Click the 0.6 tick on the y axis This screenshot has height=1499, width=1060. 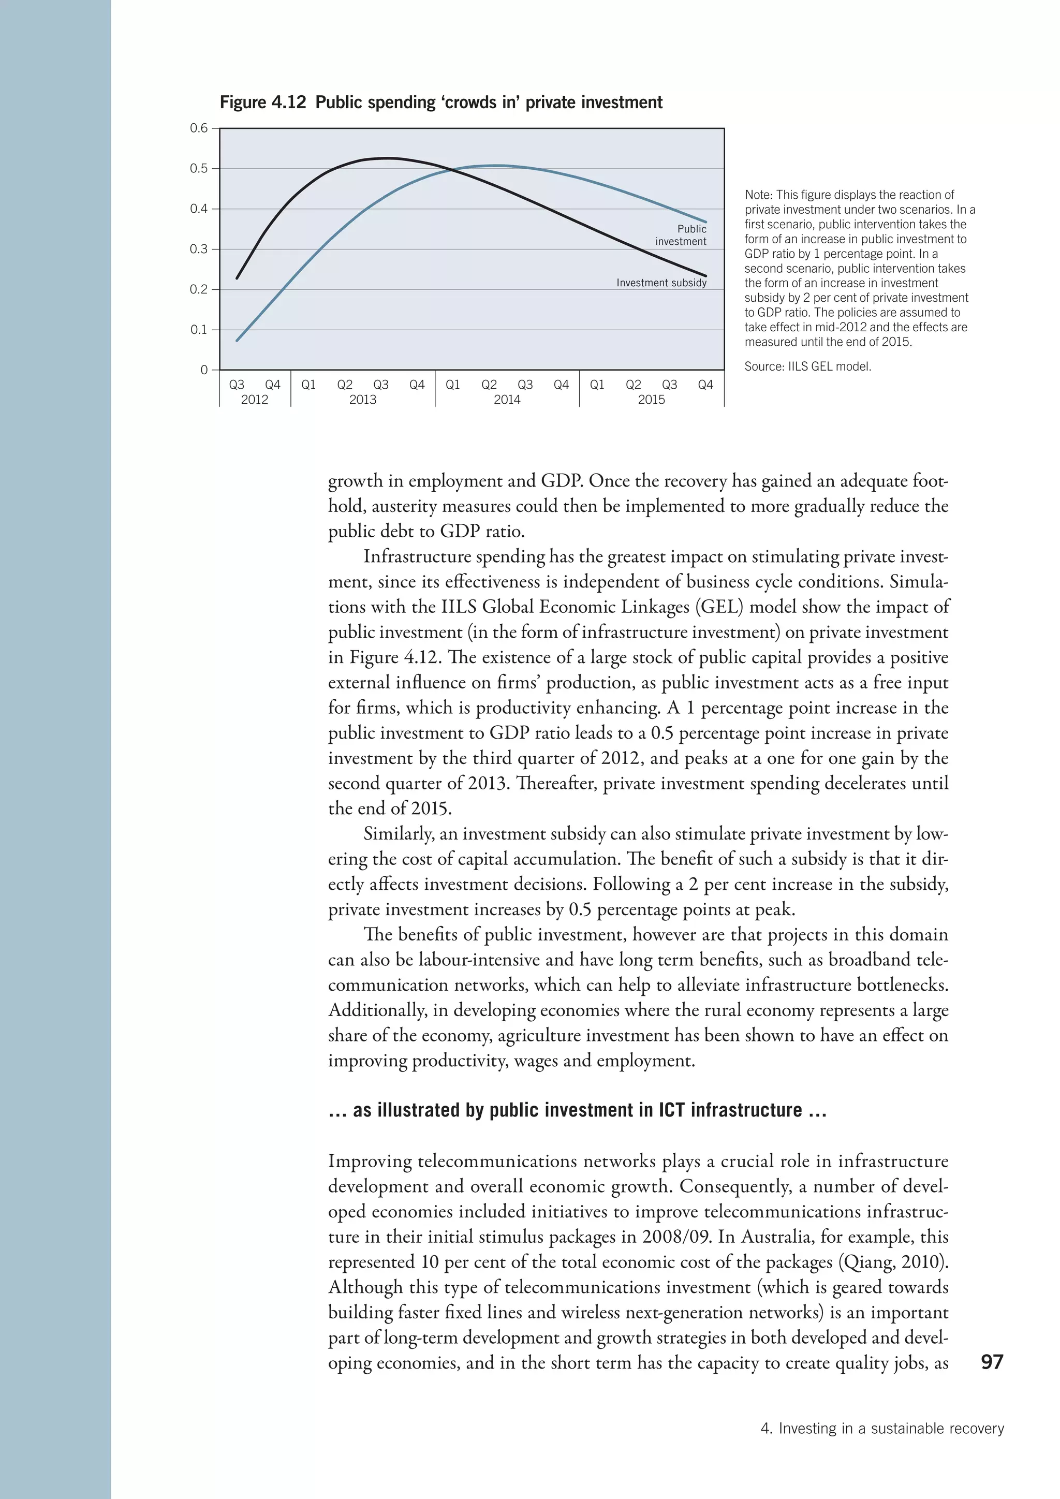pyautogui.click(x=199, y=128)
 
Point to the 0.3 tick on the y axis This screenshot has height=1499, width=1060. pyautogui.click(x=199, y=249)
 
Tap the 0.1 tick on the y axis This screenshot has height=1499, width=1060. pyautogui.click(x=199, y=330)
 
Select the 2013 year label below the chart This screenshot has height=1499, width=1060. pyautogui.click(x=362, y=400)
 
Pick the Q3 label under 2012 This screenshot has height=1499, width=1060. pyautogui.click(x=237, y=385)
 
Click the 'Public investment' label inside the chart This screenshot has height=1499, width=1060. pyautogui.click(x=681, y=235)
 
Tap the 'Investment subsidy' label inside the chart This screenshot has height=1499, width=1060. pyautogui.click(x=661, y=283)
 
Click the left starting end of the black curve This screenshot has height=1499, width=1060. pyautogui.click(x=238, y=277)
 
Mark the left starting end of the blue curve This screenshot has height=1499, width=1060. pyautogui.click(x=238, y=340)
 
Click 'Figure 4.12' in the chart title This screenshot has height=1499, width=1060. pyautogui.click(x=262, y=102)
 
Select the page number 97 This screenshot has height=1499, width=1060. pyautogui.click(x=992, y=1361)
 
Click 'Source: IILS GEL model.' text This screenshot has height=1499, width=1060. pyautogui.click(x=807, y=366)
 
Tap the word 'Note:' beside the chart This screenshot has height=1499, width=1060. pyautogui.click(x=758, y=195)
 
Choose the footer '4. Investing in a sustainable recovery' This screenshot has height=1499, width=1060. pyautogui.click(x=882, y=1429)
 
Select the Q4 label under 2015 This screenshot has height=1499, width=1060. pyautogui.click(x=705, y=385)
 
